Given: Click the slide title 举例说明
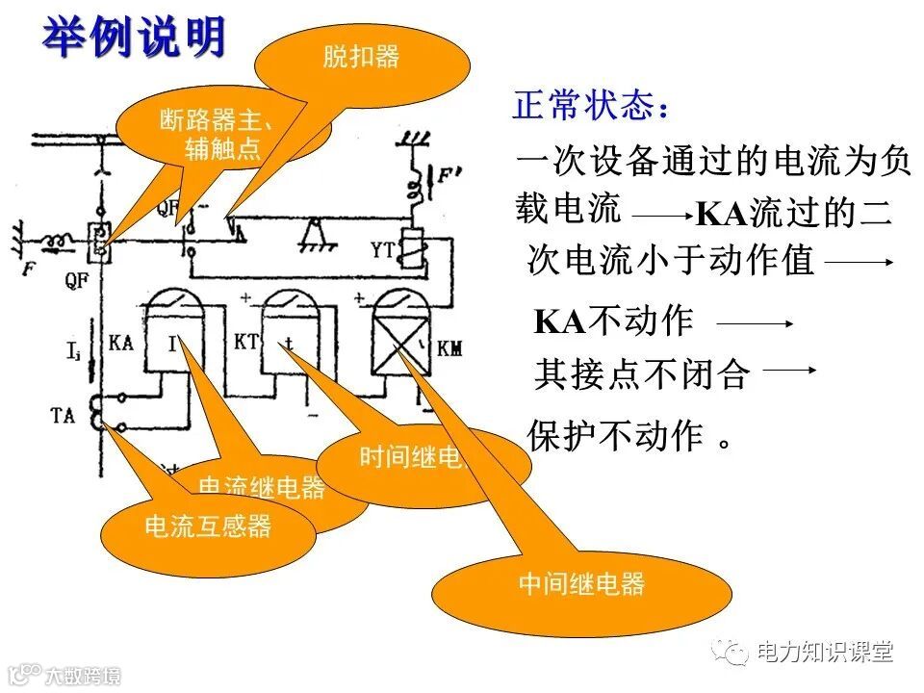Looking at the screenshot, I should point(134,38).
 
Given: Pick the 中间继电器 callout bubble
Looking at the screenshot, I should point(581,584).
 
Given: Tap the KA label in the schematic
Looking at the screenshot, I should point(122,343).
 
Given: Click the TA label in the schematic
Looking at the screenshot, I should point(63,416).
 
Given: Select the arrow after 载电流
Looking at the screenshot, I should point(661,217).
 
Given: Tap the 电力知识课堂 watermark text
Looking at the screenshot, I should point(825,652).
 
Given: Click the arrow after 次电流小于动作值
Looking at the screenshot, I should point(859,261).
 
